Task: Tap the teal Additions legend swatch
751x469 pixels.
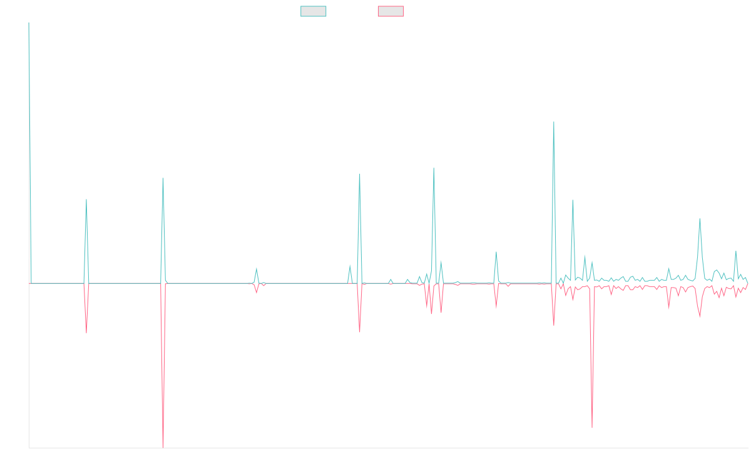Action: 314,11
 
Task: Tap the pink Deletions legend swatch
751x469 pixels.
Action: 391,11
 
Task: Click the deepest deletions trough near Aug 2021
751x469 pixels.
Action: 163,447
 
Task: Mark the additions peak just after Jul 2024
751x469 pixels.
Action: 554,122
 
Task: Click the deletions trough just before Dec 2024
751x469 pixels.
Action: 592,428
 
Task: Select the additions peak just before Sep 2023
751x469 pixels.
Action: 434,168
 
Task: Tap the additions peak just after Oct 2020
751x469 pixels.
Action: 86,200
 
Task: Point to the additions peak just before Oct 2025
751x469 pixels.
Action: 700,219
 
